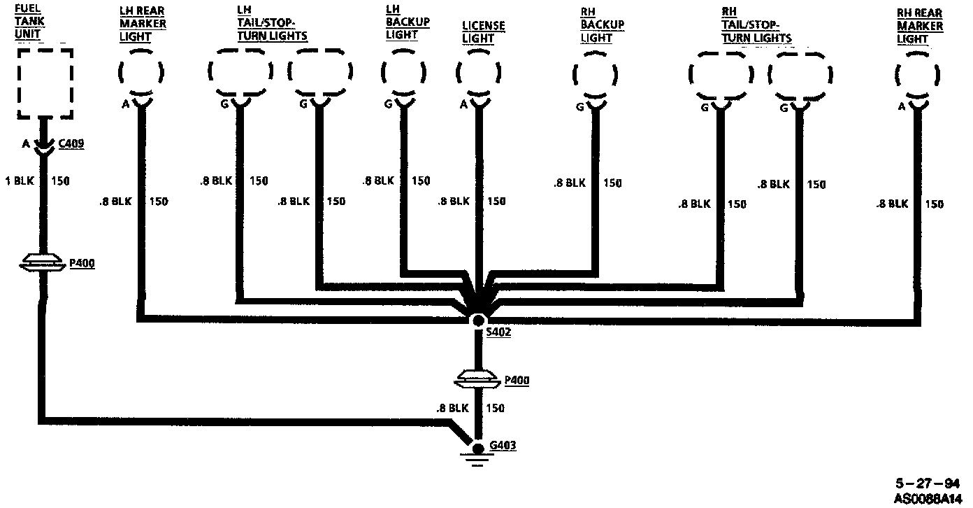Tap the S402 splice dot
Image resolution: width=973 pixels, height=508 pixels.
click(x=478, y=320)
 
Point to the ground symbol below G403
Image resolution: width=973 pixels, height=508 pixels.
click(x=478, y=460)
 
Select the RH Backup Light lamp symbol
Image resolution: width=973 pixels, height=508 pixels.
click(x=594, y=76)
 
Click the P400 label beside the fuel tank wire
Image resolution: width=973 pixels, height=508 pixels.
click(x=82, y=263)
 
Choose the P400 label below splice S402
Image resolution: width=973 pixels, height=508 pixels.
click(x=516, y=381)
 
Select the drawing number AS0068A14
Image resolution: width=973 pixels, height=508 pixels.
click(x=927, y=499)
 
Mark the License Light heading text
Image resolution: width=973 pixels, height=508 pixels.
click(x=483, y=32)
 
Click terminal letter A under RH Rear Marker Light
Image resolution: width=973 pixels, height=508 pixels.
click(x=902, y=106)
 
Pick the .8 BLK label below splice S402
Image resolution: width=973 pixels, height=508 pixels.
click(x=451, y=408)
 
